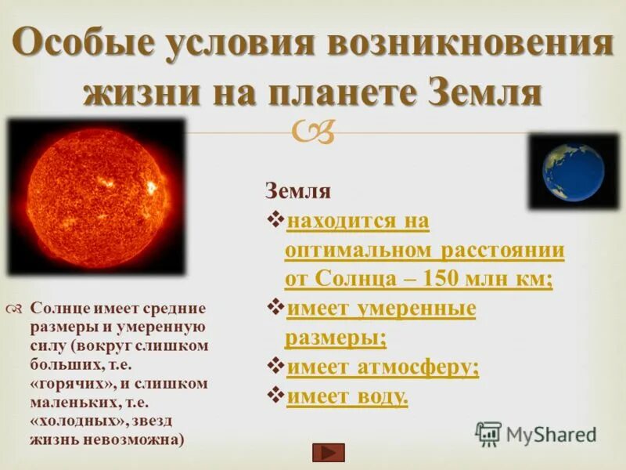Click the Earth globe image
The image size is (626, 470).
point(574,172)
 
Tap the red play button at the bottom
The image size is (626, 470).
point(328,452)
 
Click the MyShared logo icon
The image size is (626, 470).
point(488,433)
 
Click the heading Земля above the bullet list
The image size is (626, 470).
point(298,191)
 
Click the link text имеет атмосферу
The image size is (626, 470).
point(383,367)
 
